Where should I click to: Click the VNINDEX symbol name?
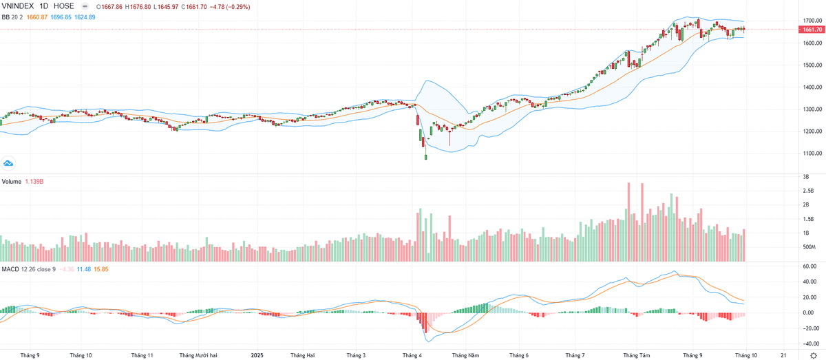pyautogui.click(x=19, y=6)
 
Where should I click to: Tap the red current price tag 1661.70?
pyautogui.click(x=812, y=30)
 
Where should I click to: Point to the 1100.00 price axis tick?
pyautogui.click(x=812, y=153)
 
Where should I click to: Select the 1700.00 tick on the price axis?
pyautogui.click(x=812, y=21)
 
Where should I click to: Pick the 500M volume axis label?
pyautogui.click(x=809, y=247)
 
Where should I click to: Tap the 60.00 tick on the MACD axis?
pyautogui.click(x=809, y=266)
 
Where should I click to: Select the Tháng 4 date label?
pyautogui.click(x=412, y=355)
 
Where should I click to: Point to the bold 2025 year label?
pyautogui.click(x=257, y=355)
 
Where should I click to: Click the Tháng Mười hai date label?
pyautogui.click(x=198, y=355)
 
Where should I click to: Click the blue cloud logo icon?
pyautogui.click(x=8, y=163)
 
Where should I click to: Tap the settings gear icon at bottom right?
pyautogui.click(x=813, y=355)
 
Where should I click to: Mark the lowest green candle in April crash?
pyautogui.click(x=426, y=157)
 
